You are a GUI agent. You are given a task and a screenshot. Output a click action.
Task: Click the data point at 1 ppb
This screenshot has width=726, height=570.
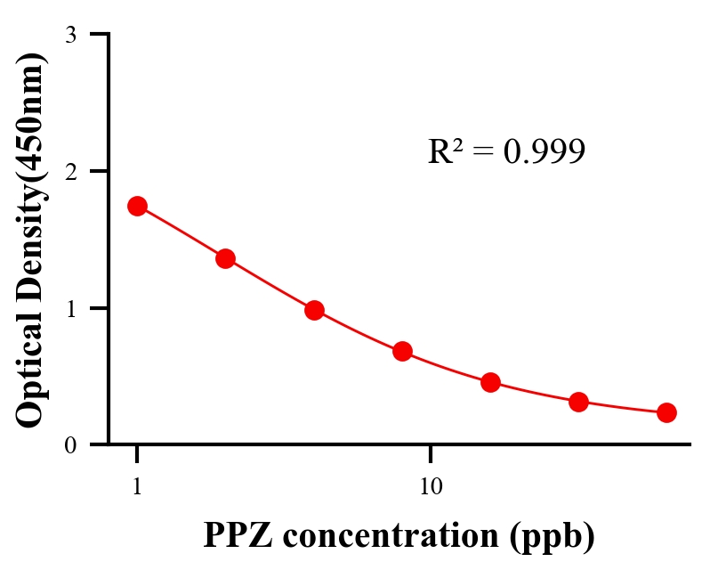[x=137, y=206]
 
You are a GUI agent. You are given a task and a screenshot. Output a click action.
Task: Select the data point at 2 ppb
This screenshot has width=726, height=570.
[x=225, y=258]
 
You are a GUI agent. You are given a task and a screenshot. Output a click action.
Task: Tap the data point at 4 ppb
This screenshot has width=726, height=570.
[x=314, y=310]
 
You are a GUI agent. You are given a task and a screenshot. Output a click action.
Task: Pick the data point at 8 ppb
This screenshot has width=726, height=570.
[x=402, y=351]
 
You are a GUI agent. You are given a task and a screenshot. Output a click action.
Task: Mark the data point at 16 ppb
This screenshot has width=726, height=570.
[x=490, y=383]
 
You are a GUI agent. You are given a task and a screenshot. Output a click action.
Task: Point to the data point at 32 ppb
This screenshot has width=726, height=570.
[x=578, y=402]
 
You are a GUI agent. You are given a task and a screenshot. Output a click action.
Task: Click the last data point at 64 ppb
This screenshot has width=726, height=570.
[x=666, y=412]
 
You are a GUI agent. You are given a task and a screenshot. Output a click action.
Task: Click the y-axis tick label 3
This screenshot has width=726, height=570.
[x=70, y=35]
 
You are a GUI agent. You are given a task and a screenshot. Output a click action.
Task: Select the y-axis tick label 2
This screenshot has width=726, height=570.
[x=70, y=171]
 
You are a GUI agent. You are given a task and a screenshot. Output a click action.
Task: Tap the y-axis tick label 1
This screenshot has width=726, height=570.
[x=70, y=308]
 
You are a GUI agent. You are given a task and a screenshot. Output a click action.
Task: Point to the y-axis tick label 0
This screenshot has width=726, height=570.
[x=70, y=445]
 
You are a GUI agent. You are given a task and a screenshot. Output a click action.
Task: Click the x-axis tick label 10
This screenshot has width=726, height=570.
[x=431, y=488]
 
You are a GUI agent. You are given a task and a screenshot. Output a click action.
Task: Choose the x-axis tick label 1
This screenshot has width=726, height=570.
[x=137, y=488]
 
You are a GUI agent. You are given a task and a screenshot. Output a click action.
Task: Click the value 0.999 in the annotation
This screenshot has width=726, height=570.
[x=544, y=152]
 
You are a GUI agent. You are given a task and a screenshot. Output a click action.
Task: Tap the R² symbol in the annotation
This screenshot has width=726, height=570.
[x=446, y=151]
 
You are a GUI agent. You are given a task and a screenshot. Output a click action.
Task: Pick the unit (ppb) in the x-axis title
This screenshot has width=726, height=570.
[x=552, y=537]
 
